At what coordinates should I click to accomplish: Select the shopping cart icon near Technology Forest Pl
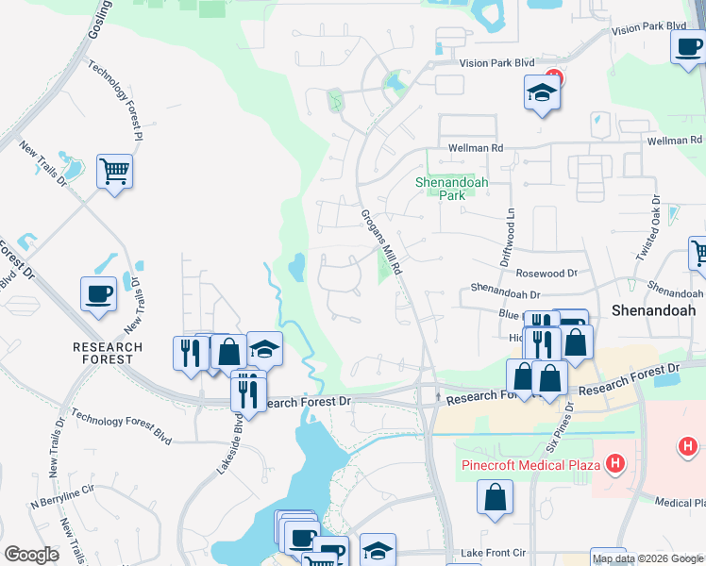115,172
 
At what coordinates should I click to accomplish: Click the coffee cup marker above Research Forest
99,294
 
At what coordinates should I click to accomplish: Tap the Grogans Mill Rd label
381,241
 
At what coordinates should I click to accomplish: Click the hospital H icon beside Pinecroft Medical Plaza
615,463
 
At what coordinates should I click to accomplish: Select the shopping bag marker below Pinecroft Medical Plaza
495,496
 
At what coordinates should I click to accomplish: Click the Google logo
31,555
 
